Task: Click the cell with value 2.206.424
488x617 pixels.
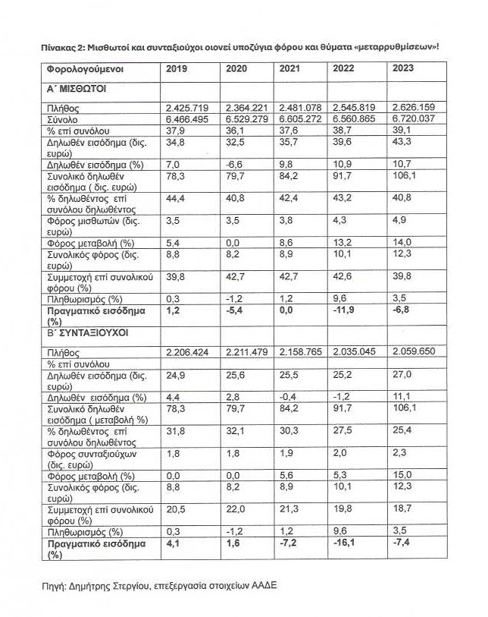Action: coord(189,354)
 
